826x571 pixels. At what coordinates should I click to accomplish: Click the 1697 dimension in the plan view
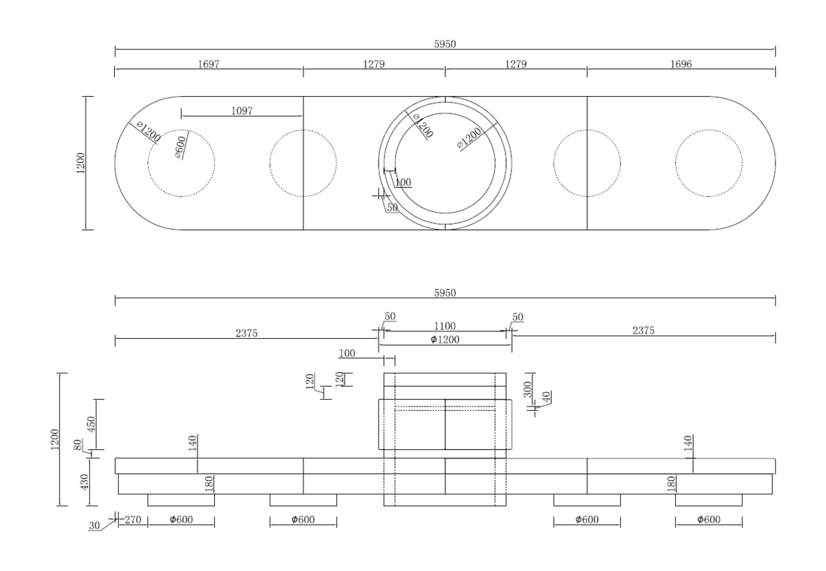pyautogui.click(x=209, y=65)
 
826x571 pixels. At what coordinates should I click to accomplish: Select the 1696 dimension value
pyautogui.click(x=680, y=65)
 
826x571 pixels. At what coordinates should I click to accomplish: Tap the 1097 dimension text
pyautogui.click(x=242, y=110)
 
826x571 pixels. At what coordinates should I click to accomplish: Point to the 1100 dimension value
pyautogui.click(x=445, y=326)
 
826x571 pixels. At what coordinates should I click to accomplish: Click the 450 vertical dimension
pyautogui.click(x=91, y=424)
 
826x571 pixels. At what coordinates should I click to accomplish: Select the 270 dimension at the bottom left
pyautogui.click(x=133, y=520)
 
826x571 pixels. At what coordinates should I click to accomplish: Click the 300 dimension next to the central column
pyautogui.click(x=528, y=389)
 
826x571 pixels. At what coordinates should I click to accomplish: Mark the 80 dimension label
pyautogui.click(x=79, y=445)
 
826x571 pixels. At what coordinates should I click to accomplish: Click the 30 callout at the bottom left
pyautogui.click(x=95, y=526)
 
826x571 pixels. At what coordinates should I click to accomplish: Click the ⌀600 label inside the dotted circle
pyautogui.click(x=179, y=147)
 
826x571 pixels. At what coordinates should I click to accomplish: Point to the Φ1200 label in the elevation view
pyautogui.click(x=445, y=340)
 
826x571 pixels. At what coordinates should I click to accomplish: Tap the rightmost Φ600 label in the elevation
pyautogui.click(x=709, y=520)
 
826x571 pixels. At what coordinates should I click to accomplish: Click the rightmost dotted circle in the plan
pyautogui.click(x=709, y=130)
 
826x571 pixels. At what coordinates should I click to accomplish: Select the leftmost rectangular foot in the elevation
pyautogui.click(x=181, y=500)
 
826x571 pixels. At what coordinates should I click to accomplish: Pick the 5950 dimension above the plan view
pyautogui.click(x=445, y=44)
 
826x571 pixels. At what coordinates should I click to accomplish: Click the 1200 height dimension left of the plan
pyautogui.click(x=80, y=163)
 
